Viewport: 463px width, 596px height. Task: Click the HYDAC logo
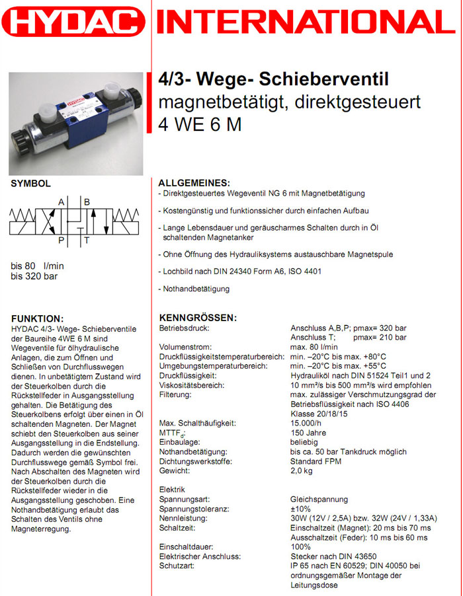click(x=73, y=22)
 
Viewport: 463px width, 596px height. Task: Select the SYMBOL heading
click(x=31, y=184)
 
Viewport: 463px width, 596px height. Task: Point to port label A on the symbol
click(x=62, y=202)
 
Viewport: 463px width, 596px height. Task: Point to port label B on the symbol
click(x=87, y=202)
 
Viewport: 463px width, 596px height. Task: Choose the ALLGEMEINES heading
click(x=194, y=182)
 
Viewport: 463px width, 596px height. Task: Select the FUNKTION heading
click(x=38, y=318)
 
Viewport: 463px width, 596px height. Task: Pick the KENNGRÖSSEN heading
click(x=198, y=318)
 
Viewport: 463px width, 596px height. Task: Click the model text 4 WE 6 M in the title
click(x=200, y=124)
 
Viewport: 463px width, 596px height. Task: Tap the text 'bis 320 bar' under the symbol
click(x=34, y=276)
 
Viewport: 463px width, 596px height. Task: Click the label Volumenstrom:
click(x=185, y=347)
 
